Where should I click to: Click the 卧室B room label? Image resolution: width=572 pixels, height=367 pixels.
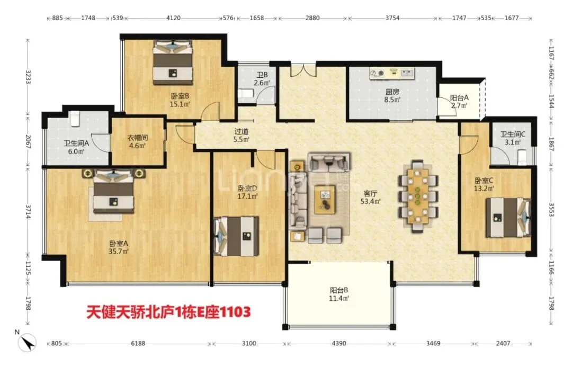pyautogui.click(x=180, y=96)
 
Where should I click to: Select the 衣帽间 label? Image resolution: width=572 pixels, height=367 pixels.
pyautogui.click(x=137, y=138)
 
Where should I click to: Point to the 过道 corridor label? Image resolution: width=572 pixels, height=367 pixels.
pyautogui.click(x=241, y=131)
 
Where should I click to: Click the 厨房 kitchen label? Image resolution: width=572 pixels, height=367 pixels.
pyautogui.click(x=392, y=92)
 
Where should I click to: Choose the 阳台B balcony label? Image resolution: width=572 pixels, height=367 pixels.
pyautogui.click(x=339, y=290)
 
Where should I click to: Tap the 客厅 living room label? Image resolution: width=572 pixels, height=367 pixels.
pyautogui.click(x=370, y=193)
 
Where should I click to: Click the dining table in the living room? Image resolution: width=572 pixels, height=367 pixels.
pyautogui.click(x=418, y=196)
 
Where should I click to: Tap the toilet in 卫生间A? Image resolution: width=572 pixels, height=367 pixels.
pyautogui.click(x=75, y=119)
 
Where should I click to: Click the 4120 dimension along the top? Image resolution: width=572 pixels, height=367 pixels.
pyautogui.click(x=173, y=18)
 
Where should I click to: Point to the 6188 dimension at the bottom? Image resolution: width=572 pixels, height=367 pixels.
pyautogui.click(x=138, y=343)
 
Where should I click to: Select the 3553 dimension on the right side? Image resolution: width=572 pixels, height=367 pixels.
pyautogui.click(x=551, y=210)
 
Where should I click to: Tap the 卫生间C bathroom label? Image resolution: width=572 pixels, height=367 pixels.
pyautogui.click(x=513, y=135)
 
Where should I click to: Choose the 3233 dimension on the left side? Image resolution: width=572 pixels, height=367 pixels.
pyautogui.click(x=28, y=77)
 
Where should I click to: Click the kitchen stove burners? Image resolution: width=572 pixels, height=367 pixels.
pyautogui.click(x=377, y=74)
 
